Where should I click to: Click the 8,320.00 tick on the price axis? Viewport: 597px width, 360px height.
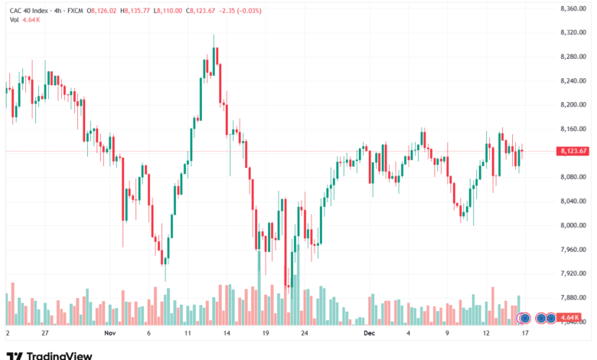coord(573,32)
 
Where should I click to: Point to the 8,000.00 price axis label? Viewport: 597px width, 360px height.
coord(573,225)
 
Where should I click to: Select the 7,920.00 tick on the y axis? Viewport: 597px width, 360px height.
coord(573,273)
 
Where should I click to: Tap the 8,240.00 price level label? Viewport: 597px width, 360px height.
coord(573,80)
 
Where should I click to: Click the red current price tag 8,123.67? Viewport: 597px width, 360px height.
coord(573,151)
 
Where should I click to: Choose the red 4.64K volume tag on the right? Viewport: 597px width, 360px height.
coord(569,317)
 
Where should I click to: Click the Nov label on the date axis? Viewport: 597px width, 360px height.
coord(109,334)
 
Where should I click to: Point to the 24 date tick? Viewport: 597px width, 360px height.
coord(305,334)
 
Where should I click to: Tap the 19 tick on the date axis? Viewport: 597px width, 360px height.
coord(265,334)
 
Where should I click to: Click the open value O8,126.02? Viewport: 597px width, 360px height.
coord(104,11)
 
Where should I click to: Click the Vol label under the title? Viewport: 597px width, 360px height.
coord(14,19)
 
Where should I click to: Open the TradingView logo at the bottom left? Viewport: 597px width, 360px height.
coord(50,355)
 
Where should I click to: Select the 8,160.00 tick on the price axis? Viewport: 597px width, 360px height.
coord(573,129)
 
